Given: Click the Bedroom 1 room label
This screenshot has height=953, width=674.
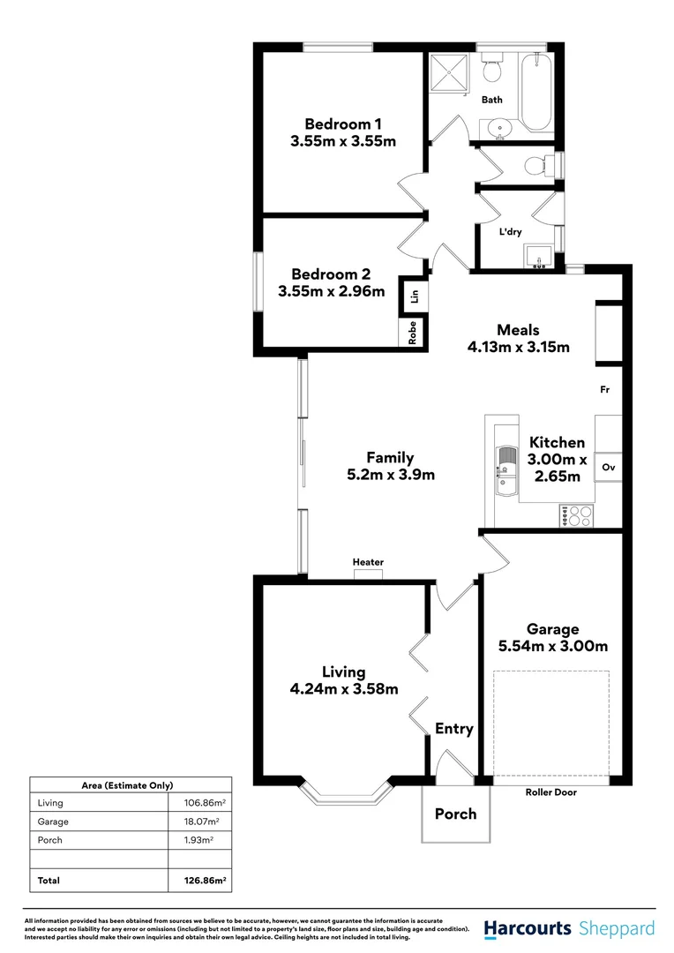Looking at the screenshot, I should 342,123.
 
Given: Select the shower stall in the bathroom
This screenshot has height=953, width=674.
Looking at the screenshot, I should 452,74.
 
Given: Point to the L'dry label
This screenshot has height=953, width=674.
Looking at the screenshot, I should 511,232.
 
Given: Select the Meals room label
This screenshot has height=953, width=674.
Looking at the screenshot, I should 518,330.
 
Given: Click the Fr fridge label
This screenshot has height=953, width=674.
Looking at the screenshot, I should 604,389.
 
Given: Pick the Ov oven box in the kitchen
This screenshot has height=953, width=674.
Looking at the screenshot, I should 608,467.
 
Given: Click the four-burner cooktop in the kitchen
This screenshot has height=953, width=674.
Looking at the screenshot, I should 575,515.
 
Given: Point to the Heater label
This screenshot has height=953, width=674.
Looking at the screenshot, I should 368,562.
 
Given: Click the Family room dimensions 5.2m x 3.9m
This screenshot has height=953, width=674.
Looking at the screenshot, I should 390,475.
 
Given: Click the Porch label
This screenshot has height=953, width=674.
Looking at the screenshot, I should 455,814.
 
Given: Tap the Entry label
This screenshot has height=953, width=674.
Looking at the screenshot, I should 454,729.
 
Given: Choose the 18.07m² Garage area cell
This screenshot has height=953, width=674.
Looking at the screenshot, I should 199,822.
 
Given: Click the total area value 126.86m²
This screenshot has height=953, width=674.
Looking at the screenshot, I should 199,881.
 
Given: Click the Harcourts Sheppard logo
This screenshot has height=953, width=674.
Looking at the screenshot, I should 569,928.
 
